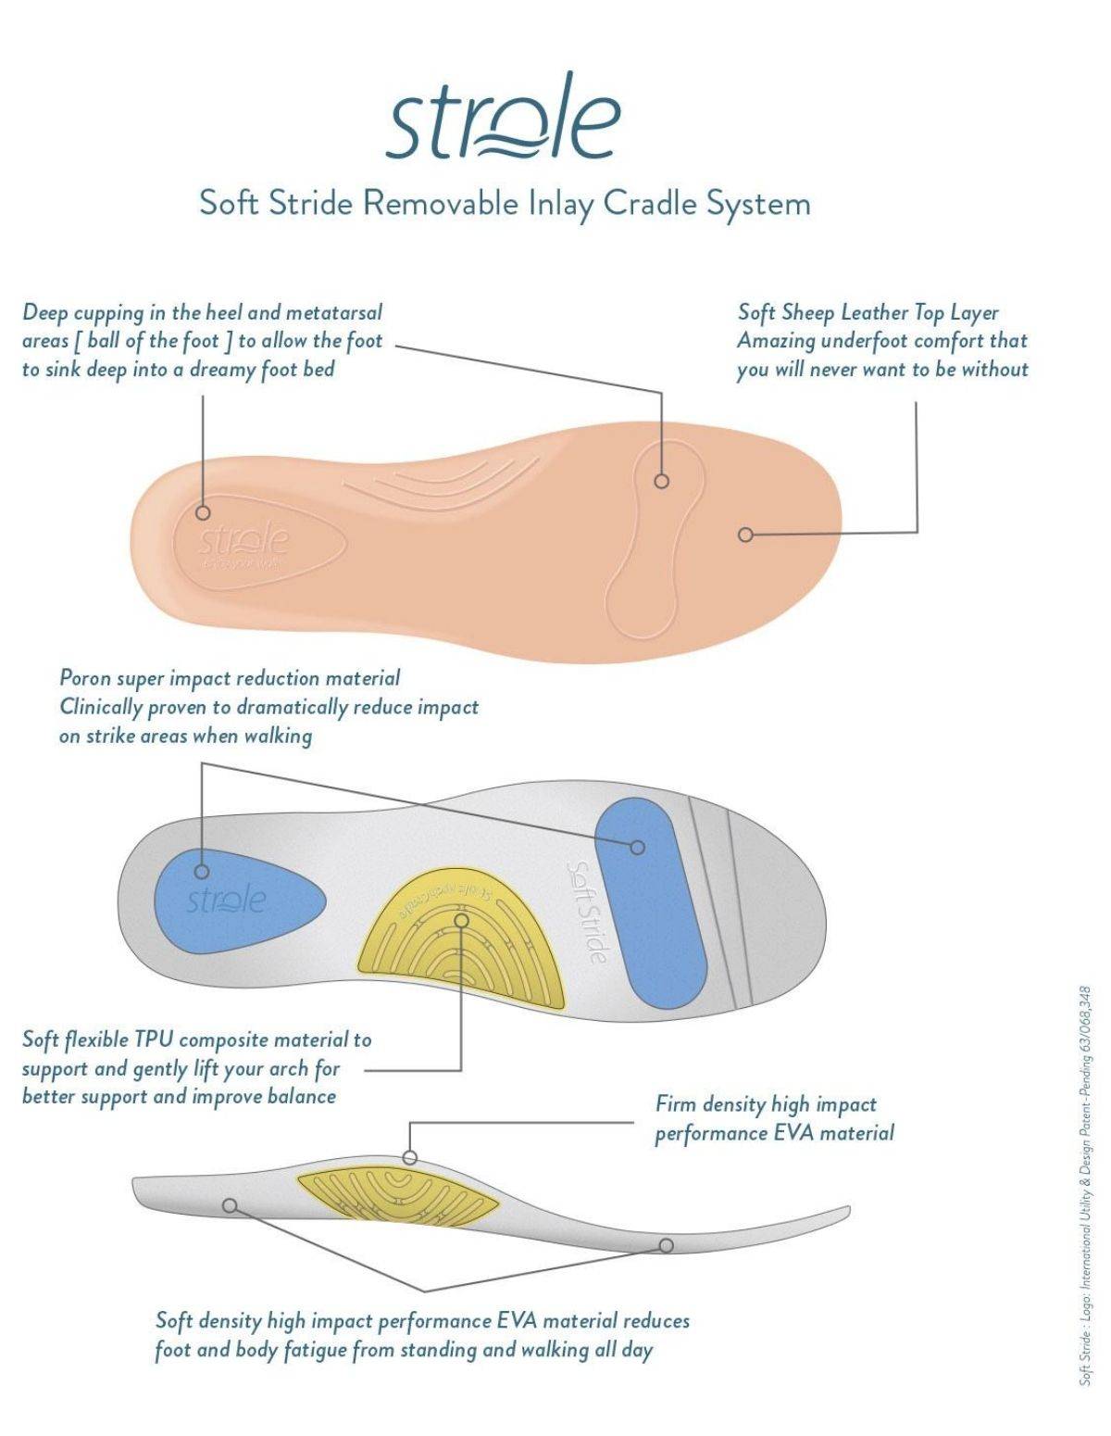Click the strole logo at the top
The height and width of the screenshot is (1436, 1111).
coord(503,120)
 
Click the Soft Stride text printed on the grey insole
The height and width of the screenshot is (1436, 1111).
coord(587,912)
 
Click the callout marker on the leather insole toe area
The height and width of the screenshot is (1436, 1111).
coord(745,535)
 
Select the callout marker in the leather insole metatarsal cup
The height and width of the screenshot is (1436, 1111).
coord(661,481)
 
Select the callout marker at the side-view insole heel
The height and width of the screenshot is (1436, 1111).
coord(230,1205)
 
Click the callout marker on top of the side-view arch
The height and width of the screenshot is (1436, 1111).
coord(409,1157)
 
